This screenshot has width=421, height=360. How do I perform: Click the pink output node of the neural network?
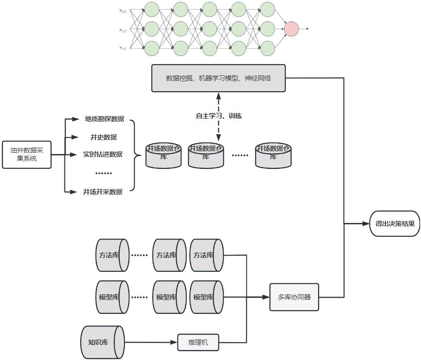(x=291, y=29)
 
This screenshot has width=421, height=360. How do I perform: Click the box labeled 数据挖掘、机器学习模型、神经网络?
(x=218, y=78)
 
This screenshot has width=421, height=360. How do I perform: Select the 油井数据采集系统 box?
(x=26, y=155)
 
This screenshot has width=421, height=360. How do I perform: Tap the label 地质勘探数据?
(x=104, y=119)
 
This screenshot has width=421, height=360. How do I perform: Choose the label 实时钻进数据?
(x=102, y=154)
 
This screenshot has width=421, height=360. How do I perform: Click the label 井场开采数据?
(x=102, y=192)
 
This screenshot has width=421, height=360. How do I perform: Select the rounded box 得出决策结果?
(x=395, y=223)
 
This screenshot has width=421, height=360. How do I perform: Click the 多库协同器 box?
(x=294, y=297)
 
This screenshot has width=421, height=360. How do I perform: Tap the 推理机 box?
(x=199, y=343)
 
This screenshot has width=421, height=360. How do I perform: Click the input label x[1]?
(x=123, y=11)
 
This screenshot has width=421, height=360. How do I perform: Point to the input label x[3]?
(x=123, y=47)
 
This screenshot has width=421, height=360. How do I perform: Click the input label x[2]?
(x=123, y=30)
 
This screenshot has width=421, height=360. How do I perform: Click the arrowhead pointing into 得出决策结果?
(x=366, y=223)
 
